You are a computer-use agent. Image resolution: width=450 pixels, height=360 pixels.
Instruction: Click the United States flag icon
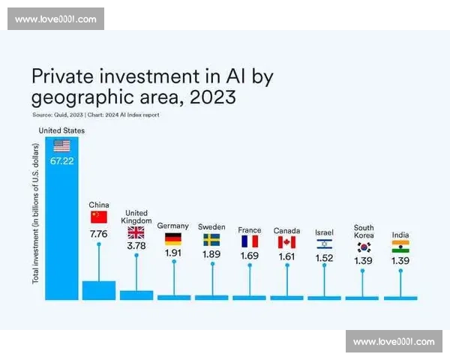tap(61, 145)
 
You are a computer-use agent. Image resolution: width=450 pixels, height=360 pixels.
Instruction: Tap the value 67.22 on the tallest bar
tap(61, 160)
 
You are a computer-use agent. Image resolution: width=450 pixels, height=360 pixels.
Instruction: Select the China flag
tap(99, 217)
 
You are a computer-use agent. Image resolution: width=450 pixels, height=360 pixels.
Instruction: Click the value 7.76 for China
tap(99, 234)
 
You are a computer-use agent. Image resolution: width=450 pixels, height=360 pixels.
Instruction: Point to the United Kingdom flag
tap(136, 232)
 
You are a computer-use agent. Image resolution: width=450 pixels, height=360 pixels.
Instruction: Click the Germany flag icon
tap(173, 239)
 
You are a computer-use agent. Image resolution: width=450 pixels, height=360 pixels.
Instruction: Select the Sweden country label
tap(211, 226)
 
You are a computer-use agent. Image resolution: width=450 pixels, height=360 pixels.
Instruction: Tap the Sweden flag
tap(211, 240)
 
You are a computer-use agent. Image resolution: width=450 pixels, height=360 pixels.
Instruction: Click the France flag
tap(249, 241)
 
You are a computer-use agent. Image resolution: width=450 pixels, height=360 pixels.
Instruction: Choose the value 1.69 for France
tap(249, 256)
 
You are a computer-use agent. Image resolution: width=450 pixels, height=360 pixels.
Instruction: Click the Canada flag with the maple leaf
tap(286, 242)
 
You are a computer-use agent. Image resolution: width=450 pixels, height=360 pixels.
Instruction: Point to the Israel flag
tap(324, 244)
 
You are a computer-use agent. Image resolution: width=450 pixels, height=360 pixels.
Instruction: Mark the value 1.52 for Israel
tap(324, 258)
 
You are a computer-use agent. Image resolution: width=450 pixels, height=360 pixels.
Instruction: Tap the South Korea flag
tap(364, 246)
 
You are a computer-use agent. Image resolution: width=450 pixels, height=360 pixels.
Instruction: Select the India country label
tap(400, 235)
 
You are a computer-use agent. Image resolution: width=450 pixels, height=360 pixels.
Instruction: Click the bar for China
tap(99, 290)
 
